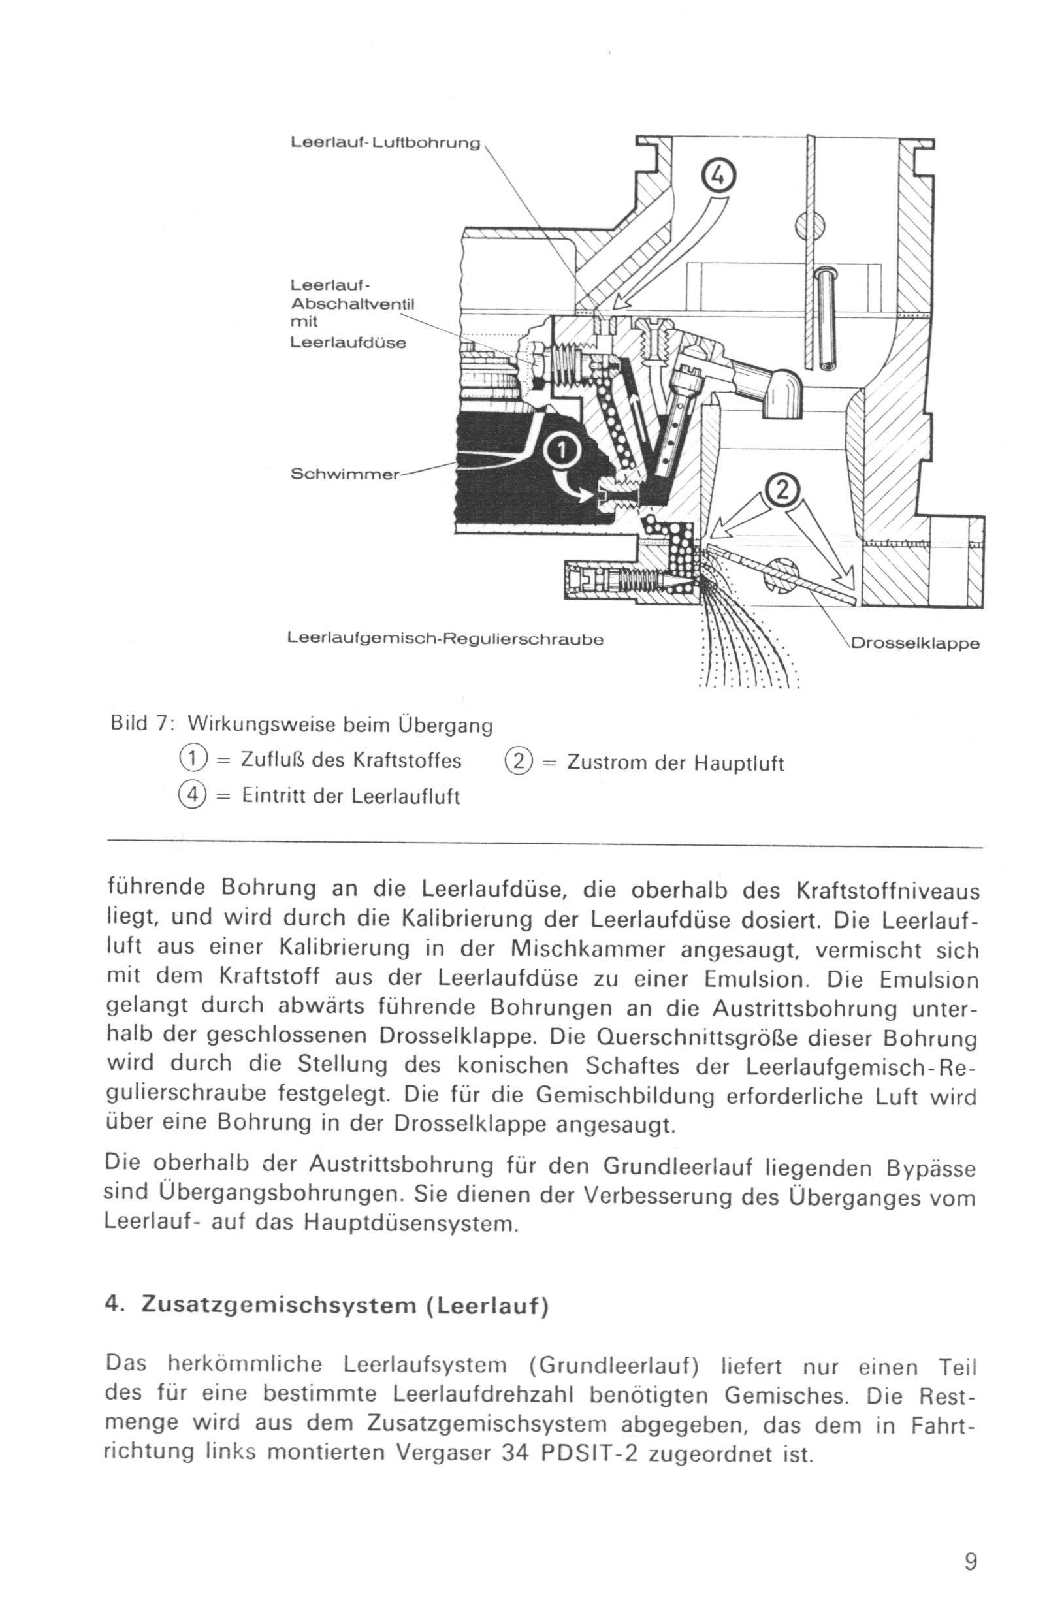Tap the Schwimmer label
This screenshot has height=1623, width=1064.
(344, 474)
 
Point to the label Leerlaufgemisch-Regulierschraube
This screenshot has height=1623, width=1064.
(445, 639)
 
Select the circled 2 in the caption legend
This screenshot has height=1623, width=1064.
(519, 761)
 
